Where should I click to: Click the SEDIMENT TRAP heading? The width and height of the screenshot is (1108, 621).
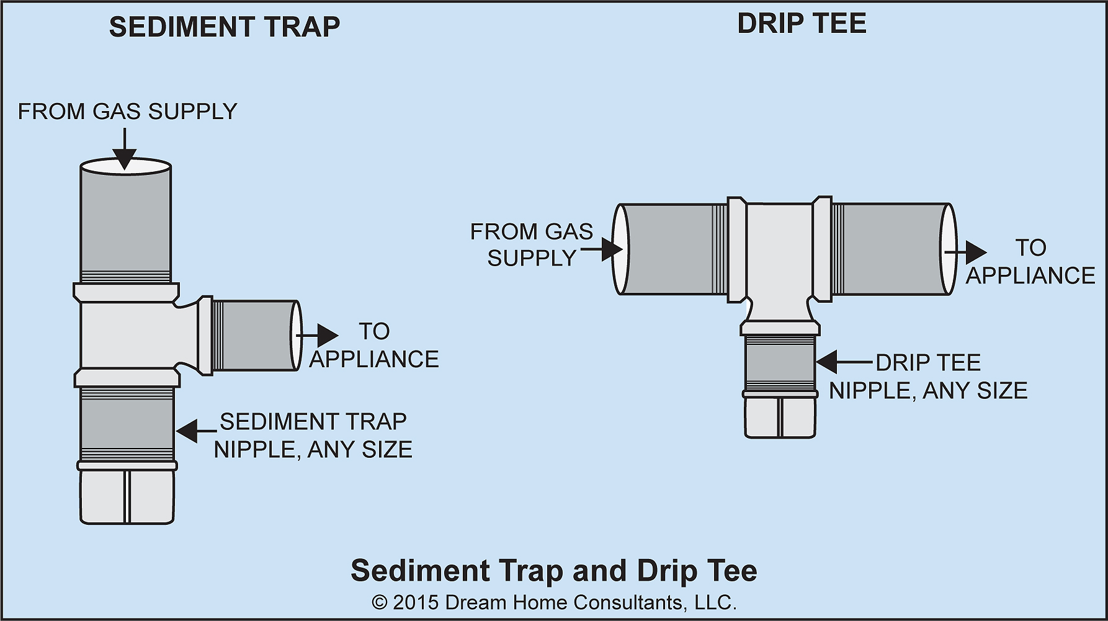[x=225, y=27]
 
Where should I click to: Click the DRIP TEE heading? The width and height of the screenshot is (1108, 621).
[x=802, y=24]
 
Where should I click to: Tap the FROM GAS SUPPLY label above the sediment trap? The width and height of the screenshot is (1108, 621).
[x=127, y=112]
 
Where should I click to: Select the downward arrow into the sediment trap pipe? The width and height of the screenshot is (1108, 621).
[x=125, y=149]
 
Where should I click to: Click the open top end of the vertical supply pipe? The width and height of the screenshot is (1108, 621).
[x=125, y=167]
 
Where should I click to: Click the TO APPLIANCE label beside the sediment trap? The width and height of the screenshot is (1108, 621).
[x=374, y=346]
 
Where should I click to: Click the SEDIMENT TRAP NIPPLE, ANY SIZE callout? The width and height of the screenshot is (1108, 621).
[x=313, y=436]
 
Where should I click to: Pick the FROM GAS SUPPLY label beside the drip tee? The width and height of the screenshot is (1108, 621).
[x=532, y=244]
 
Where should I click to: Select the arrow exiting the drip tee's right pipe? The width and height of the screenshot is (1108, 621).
[x=968, y=252]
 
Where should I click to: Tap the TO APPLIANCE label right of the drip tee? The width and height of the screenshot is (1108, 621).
[x=1030, y=262]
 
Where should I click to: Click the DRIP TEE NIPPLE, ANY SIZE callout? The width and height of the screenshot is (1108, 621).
[x=929, y=377]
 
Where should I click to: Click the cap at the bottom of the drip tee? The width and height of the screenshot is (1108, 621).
[x=780, y=417]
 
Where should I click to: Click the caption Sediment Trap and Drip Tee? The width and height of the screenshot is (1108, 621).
[x=553, y=571]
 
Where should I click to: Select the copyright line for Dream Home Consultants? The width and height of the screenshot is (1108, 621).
[x=553, y=602]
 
